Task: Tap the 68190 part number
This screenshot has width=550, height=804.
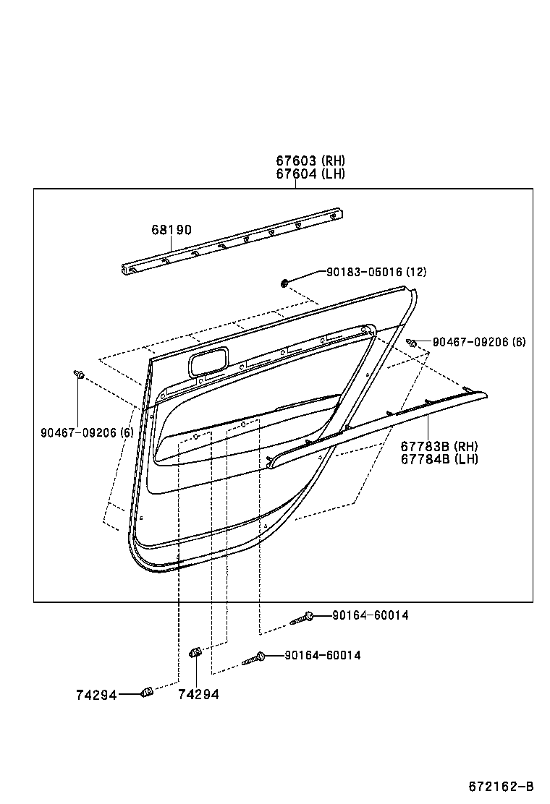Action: coord(172,230)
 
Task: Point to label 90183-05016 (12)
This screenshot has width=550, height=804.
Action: coord(376,272)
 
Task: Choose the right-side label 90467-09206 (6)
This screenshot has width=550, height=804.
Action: coord(479,341)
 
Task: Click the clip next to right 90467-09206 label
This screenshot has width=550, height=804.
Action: coord(411,343)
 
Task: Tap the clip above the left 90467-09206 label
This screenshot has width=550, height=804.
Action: coord(79,374)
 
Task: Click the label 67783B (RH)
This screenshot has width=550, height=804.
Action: coord(439,446)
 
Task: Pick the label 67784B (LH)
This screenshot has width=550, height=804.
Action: coord(439,459)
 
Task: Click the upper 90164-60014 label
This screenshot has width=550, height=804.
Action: coord(371,615)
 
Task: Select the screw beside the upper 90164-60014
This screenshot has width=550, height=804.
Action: coord(302,617)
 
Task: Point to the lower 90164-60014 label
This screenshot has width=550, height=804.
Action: coord(323,656)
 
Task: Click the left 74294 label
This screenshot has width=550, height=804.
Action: coord(96,694)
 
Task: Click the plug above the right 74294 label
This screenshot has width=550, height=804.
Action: coord(195,653)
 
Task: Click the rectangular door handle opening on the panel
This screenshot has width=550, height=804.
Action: coord(208,360)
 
